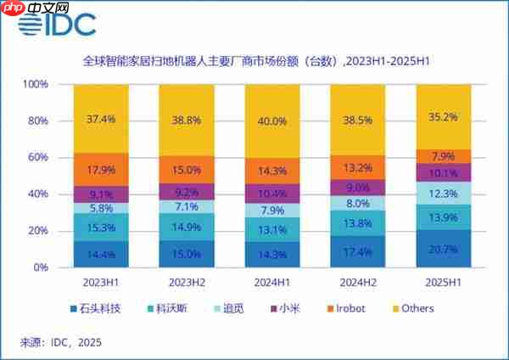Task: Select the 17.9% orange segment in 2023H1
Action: (x=101, y=169)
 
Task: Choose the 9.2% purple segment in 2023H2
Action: (x=187, y=193)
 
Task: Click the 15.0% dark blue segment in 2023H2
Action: (x=187, y=254)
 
